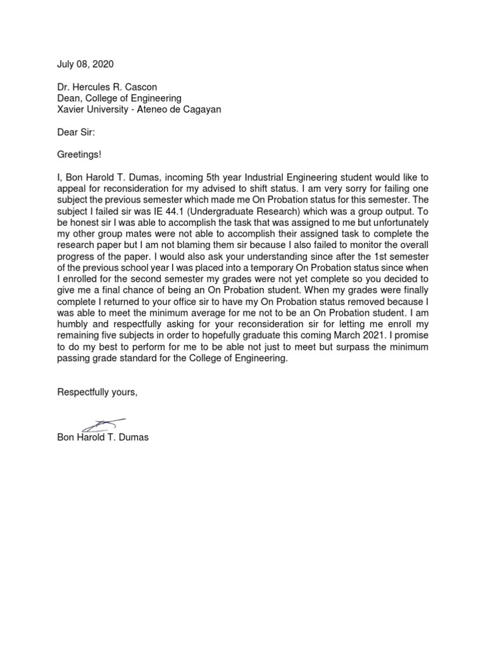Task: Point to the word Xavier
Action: [x=71, y=109]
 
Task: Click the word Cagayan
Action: [x=202, y=109]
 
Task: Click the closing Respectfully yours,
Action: [x=97, y=392]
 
